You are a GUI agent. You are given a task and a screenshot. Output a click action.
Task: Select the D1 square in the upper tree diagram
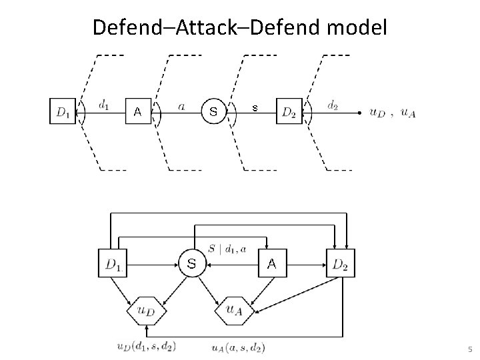coord(63,111)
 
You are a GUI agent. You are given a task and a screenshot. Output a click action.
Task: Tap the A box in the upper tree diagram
coord(138,111)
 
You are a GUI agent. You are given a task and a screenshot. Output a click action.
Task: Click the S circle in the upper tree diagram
coord(213,111)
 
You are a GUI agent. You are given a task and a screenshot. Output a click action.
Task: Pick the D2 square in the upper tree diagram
coord(289,111)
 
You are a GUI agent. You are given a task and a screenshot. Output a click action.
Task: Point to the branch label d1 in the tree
coord(105,105)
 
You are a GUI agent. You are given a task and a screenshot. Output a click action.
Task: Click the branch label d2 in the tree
coord(332,105)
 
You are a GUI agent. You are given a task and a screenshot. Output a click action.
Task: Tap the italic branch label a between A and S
coord(182,105)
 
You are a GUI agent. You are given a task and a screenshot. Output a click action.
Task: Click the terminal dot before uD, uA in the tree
coord(361,112)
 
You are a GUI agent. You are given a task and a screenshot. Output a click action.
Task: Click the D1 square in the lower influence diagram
coord(113,264)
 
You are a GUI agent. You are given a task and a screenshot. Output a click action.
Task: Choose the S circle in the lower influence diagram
coord(191,264)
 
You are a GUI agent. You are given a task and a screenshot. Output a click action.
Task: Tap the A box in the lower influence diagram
coord(271,264)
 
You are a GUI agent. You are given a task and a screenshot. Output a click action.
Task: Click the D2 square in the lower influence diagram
coord(340,264)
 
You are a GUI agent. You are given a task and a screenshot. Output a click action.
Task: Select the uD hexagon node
coord(147,309)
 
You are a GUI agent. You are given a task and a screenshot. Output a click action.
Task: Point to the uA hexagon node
coord(233,309)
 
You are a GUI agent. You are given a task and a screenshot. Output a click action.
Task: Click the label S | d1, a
coord(227,249)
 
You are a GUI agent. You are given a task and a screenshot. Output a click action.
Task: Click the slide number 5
coord(469,349)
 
